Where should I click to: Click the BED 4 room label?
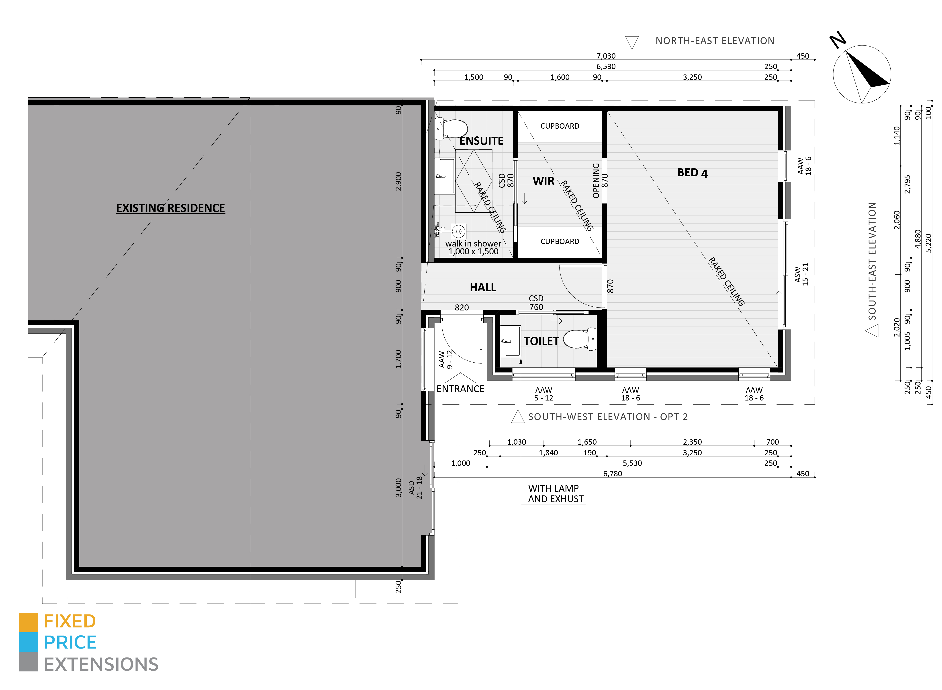692,173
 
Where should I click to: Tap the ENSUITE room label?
481,141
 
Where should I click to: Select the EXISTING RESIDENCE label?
170,208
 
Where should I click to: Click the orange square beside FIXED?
28,622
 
